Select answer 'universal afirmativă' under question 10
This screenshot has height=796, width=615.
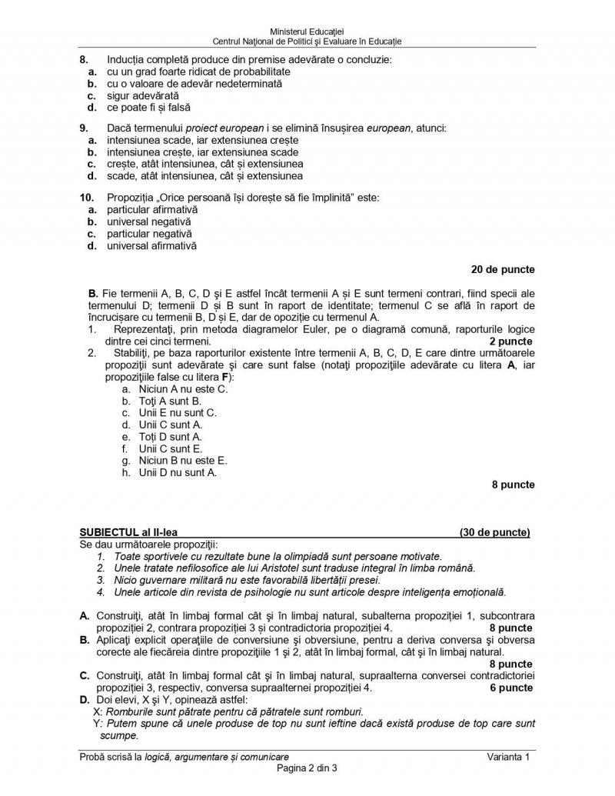151,246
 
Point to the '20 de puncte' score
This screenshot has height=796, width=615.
503,270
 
